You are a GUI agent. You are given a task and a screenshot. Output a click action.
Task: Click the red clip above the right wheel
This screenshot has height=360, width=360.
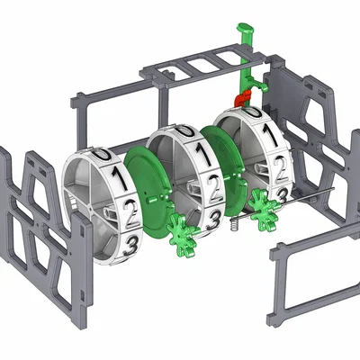pyautogui.click(x=243, y=98)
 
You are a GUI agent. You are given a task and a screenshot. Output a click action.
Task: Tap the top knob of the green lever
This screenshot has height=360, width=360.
pyautogui.click(x=246, y=29)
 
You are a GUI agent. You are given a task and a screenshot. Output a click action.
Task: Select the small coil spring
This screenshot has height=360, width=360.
pyautogui.click(x=236, y=223)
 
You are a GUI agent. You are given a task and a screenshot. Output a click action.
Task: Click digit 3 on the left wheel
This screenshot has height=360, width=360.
pyautogui.click(x=130, y=245)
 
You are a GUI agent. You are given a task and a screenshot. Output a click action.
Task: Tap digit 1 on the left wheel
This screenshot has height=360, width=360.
pyautogui.click(x=118, y=177)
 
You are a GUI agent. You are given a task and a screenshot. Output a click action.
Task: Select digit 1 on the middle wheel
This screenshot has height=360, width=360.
pyautogui.click(x=204, y=155)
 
